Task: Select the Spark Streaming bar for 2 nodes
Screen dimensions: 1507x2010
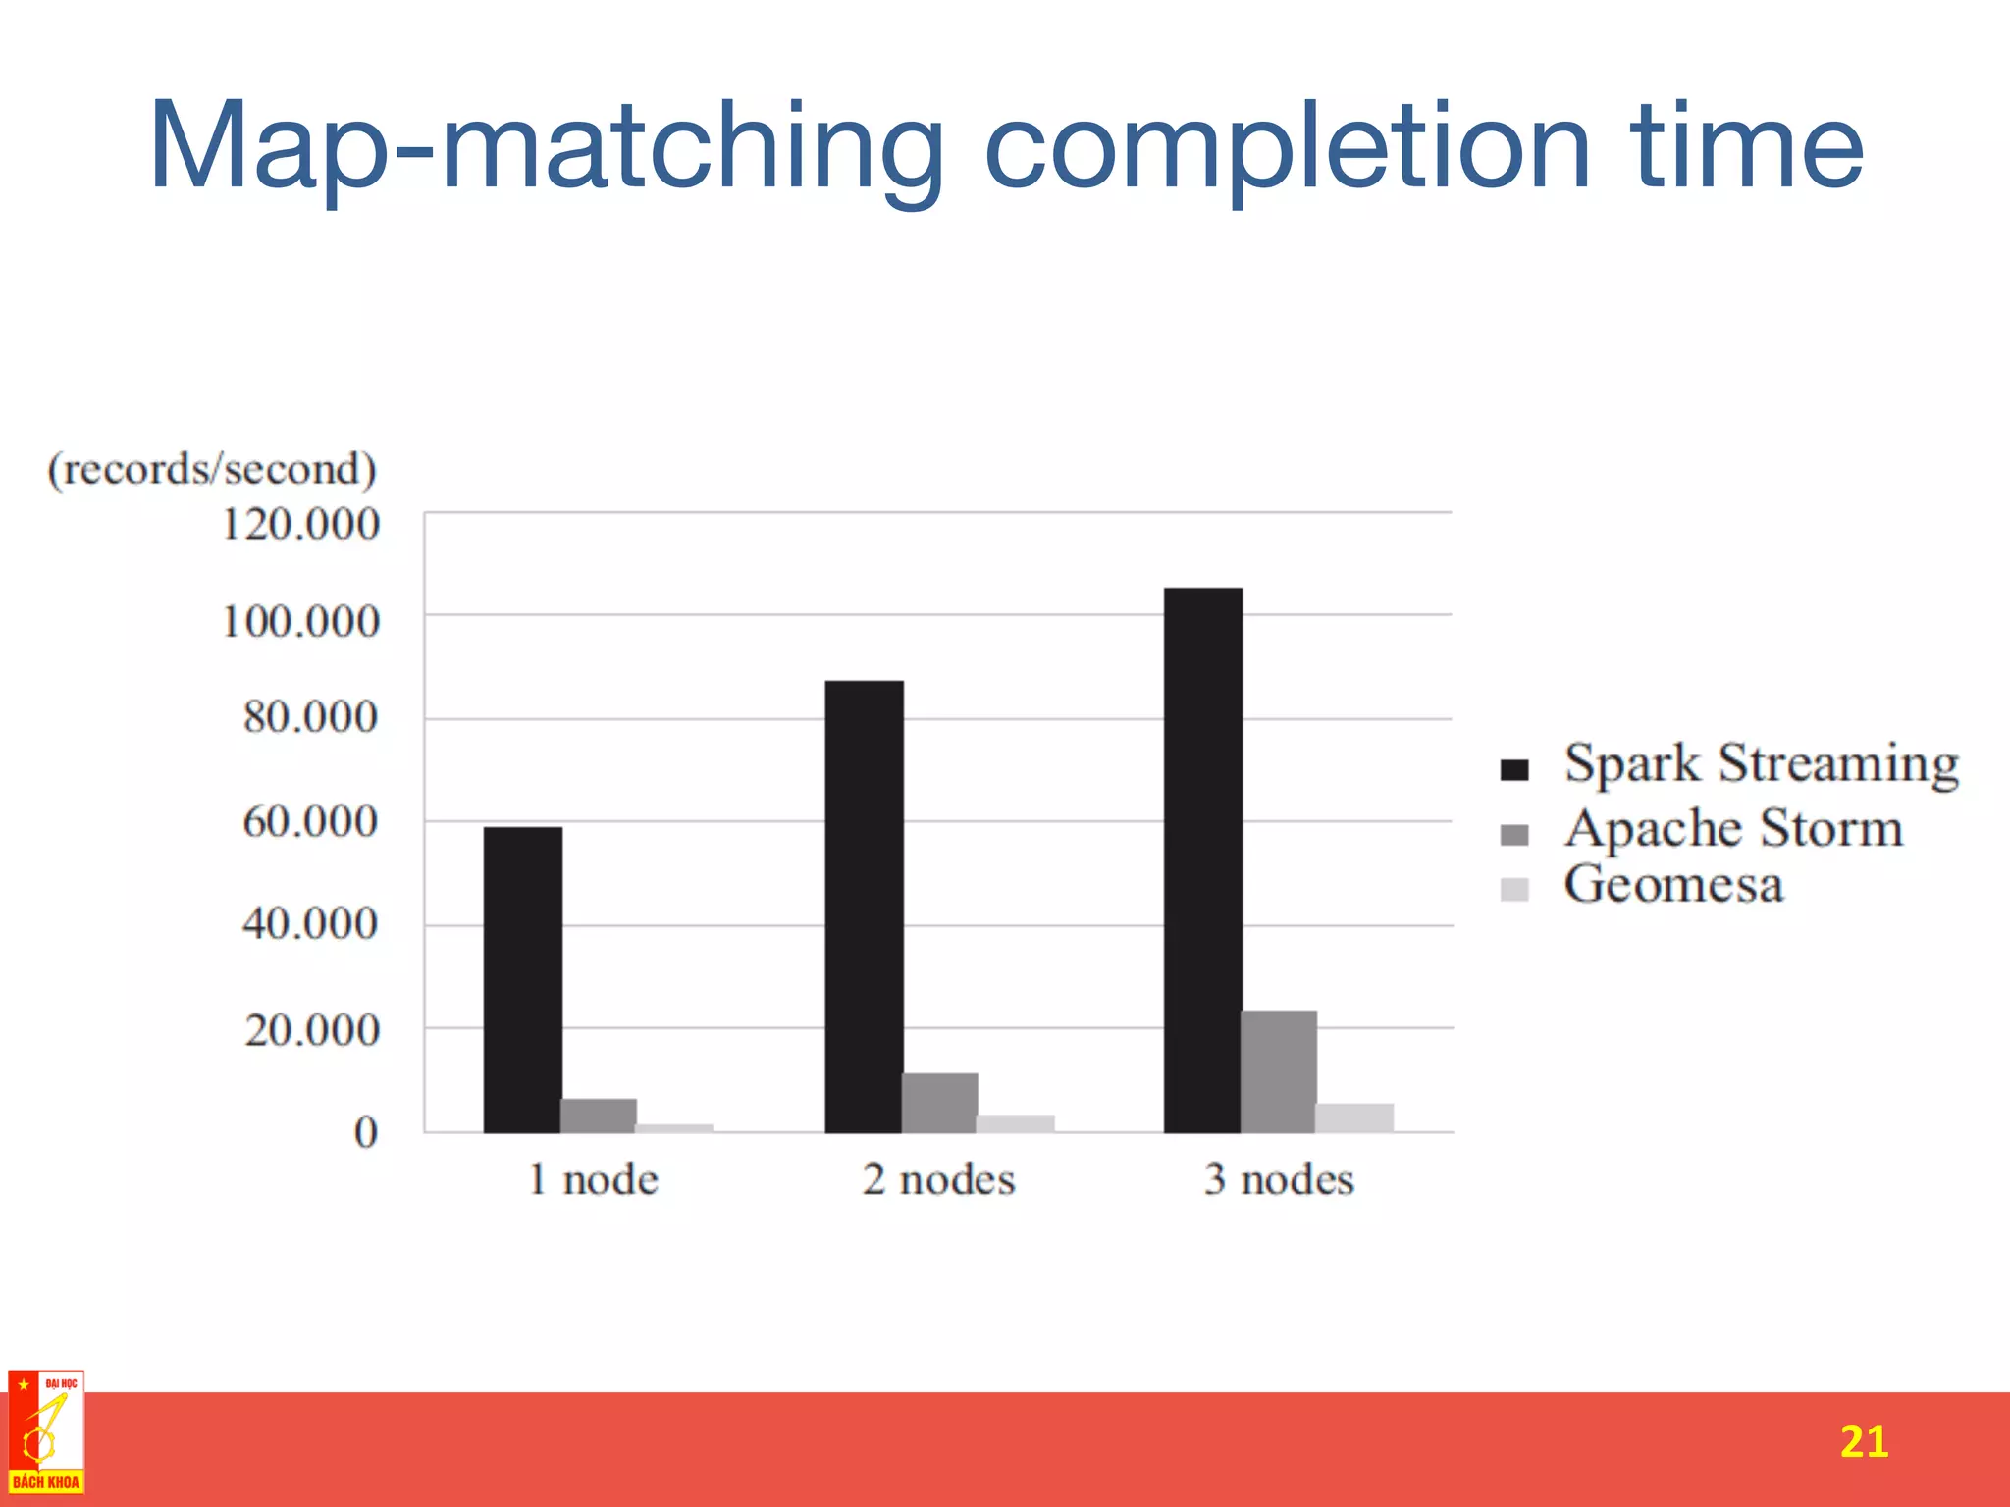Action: (864, 907)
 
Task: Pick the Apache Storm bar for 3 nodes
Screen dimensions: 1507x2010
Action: (1278, 1071)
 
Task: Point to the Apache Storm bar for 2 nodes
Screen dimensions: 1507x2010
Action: (939, 1103)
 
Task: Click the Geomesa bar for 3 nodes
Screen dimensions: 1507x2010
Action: (1354, 1117)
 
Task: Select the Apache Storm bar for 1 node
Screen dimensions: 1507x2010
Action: (598, 1116)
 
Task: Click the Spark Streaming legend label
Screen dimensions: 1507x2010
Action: (1761, 763)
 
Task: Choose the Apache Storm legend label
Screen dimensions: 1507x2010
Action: (1733, 828)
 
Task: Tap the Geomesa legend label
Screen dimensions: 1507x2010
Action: (1672, 885)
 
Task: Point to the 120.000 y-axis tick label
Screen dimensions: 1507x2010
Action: (300, 525)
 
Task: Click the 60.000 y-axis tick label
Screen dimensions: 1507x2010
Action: (310, 821)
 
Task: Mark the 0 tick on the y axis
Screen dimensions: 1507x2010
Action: (365, 1132)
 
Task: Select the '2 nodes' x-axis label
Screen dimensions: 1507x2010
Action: (938, 1179)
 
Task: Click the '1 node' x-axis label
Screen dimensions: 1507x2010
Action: (593, 1179)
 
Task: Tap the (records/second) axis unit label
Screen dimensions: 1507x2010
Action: (212, 469)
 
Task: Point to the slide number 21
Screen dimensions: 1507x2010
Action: (1863, 1441)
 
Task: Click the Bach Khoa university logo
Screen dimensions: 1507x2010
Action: (46, 1432)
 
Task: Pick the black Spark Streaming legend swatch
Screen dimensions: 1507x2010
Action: (1514, 769)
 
